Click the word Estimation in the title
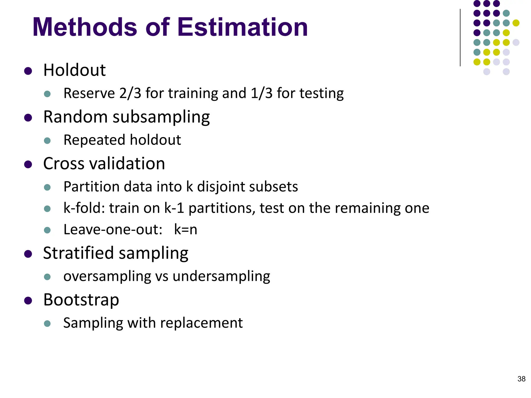click(243, 27)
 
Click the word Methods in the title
click(85, 27)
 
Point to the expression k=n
click(185, 230)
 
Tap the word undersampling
click(221, 276)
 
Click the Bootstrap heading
click(81, 300)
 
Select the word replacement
click(201, 323)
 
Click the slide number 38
click(521, 379)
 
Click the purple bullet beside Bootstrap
click(28, 301)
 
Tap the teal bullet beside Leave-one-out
click(47, 230)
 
